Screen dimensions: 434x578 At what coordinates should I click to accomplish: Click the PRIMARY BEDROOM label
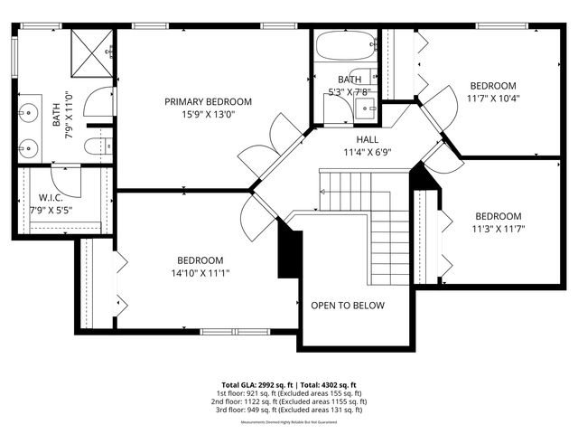208,102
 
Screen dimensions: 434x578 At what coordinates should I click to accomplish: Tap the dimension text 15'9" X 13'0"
208,115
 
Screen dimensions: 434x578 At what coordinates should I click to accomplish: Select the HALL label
367,139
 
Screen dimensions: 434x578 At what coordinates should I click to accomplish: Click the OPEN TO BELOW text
348,306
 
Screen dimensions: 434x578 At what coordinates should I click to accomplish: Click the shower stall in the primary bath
91,52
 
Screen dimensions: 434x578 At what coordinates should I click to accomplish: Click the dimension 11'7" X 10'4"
492,98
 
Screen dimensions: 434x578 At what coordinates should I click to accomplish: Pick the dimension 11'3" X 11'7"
499,229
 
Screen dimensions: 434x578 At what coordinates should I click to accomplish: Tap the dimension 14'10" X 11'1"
200,272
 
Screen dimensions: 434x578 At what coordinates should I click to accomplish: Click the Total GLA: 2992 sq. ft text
256,383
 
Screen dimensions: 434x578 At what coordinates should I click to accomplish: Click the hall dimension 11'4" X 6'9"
367,152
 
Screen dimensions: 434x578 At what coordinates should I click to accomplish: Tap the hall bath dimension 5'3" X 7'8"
349,91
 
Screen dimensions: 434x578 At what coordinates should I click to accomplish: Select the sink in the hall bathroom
367,108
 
